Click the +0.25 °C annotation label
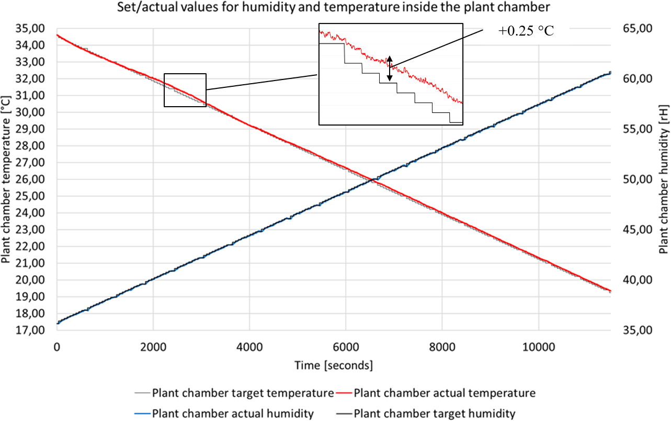pos(526,31)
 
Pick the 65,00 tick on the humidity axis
pos(633,28)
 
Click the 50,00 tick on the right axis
pos(633,179)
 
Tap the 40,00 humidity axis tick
pos(633,280)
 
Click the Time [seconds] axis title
pos(334,365)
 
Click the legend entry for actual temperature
pos(445,392)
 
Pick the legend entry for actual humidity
pos(233,414)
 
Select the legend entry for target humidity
pos(434,414)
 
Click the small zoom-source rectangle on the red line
pos(185,90)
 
